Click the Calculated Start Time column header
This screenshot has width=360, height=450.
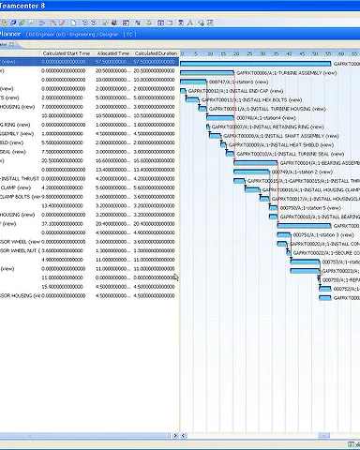click(67, 53)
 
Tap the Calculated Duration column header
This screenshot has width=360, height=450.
click(156, 53)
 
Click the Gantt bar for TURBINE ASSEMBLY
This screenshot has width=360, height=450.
click(205, 71)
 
